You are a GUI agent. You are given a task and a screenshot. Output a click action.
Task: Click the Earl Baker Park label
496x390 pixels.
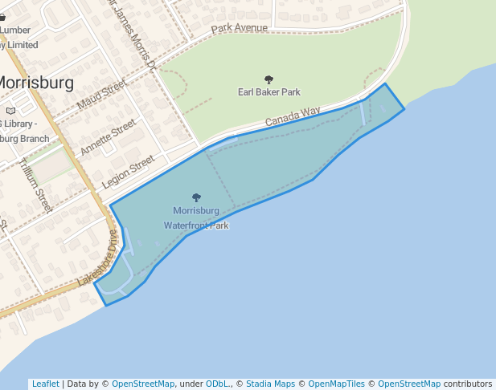click(268, 92)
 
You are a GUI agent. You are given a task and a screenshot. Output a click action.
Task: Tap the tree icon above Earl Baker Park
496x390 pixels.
click(268, 79)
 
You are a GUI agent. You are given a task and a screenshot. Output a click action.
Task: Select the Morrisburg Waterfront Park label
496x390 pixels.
click(196, 218)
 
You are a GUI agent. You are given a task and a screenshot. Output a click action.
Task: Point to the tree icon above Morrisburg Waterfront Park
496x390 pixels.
click(196, 197)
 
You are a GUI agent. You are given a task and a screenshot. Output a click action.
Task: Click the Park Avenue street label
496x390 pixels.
click(239, 28)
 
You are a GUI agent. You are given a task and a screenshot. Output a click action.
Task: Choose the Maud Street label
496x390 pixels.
click(102, 95)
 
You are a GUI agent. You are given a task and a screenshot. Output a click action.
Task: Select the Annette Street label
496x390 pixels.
click(109, 137)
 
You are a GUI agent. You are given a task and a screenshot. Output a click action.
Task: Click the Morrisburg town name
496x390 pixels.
click(35, 83)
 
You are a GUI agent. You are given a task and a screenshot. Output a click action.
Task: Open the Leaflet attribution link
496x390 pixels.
click(45, 384)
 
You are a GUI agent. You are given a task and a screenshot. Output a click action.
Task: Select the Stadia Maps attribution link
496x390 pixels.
click(270, 384)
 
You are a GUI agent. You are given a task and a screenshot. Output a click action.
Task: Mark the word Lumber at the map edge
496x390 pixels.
click(15, 30)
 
